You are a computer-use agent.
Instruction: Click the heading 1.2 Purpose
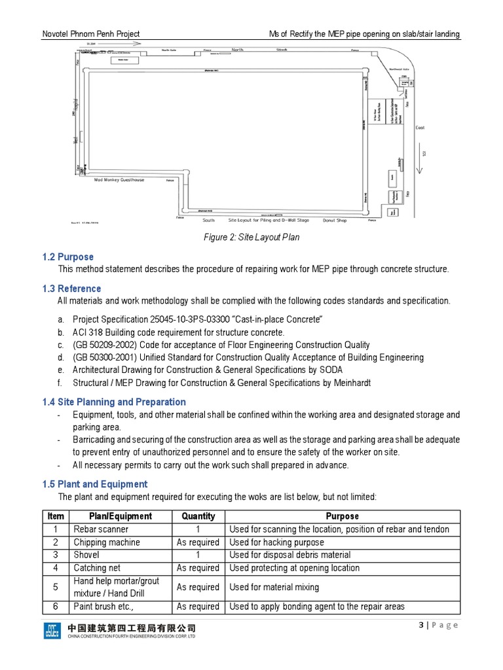(67, 257)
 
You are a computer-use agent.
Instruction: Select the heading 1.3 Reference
(71, 289)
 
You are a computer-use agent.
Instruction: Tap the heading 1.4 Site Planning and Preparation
(113, 402)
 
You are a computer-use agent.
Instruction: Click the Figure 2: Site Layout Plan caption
(251, 237)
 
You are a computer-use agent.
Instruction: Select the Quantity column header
(198, 516)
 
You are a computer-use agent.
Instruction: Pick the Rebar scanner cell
(101, 529)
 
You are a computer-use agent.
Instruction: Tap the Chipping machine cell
(107, 542)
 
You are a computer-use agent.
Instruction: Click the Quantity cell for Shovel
(198, 555)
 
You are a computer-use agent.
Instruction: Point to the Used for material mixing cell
(274, 587)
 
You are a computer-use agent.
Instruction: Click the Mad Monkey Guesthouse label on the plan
(119, 179)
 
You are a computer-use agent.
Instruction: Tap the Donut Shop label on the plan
(334, 220)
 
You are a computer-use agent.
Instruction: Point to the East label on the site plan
(420, 128)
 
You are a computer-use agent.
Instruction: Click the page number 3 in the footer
(421, 625)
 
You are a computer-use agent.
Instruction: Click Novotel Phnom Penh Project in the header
(91, 34)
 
